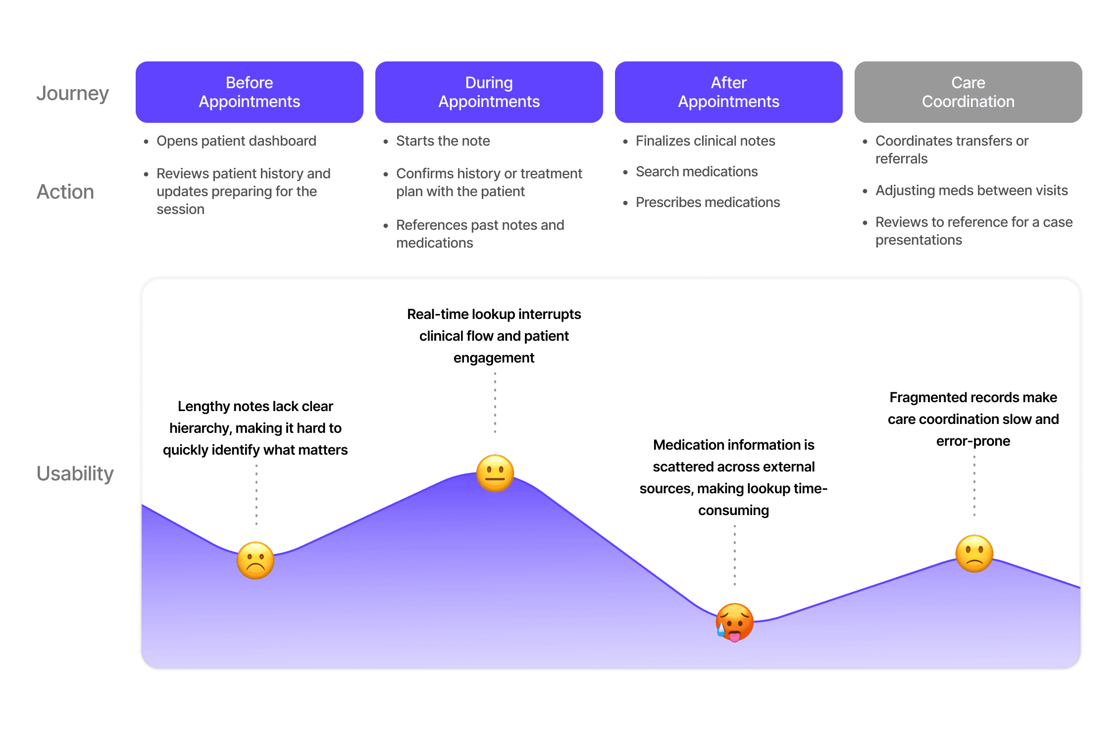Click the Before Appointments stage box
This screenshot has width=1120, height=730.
249,92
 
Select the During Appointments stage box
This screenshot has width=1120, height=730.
489,92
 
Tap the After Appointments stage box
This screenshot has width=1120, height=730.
728,92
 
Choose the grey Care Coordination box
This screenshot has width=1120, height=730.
968,92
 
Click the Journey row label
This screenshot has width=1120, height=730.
73,93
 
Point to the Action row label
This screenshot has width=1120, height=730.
65,192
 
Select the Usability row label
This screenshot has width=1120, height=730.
75,473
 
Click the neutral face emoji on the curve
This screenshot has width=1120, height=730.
495,473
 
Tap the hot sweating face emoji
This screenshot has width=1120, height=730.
734,622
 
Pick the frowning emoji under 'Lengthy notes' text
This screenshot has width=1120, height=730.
255,560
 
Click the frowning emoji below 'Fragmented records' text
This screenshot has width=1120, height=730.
974,554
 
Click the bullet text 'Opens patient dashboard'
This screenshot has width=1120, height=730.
236,141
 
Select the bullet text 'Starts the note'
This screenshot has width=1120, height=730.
443,141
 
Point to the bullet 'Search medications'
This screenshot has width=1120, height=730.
697,172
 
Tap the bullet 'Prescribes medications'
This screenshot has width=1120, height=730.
708,203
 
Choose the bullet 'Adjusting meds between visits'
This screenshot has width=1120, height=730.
971,191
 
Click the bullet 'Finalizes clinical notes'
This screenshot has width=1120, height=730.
706,141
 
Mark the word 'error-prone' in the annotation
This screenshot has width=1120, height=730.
973,441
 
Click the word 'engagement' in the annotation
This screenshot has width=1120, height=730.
494,358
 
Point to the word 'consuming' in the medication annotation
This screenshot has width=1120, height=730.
733,510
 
